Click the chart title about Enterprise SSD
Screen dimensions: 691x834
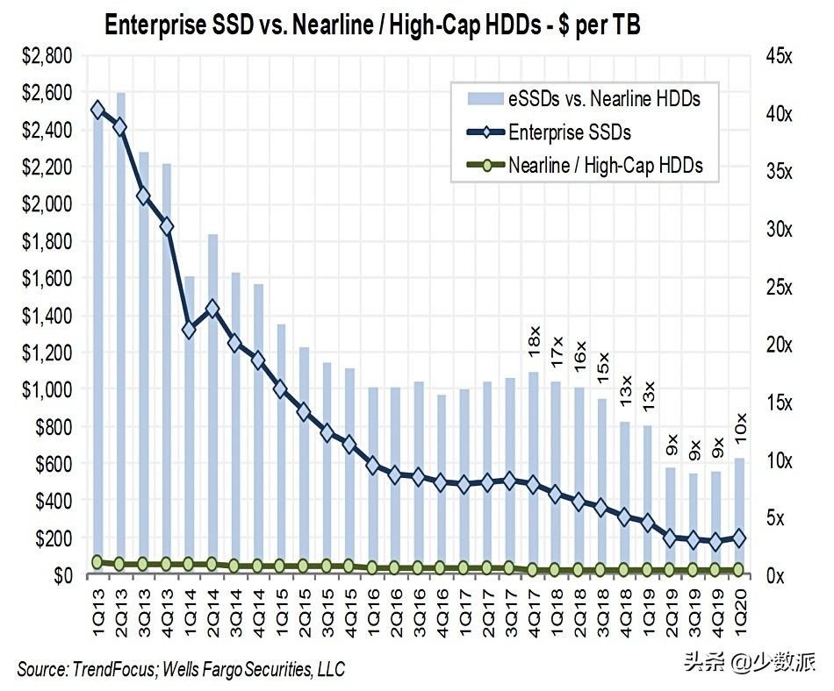[x=372, y=25]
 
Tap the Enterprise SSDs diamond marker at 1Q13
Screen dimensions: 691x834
[x=97, y=110]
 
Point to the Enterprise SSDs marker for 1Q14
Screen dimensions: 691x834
[x=189, y=330]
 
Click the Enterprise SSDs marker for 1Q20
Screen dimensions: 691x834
[x=738, y=538]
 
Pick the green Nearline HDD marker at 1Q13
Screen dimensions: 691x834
[x=97, y=562]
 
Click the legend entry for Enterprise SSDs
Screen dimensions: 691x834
[x=569, y=132]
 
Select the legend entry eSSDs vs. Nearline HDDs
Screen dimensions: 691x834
[x=604, y=99]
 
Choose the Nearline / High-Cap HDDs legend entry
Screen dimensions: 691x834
[x=605, y=165]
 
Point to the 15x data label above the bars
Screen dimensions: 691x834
[x=601, y=362]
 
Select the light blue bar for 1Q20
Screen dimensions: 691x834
[x=738, y=517]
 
